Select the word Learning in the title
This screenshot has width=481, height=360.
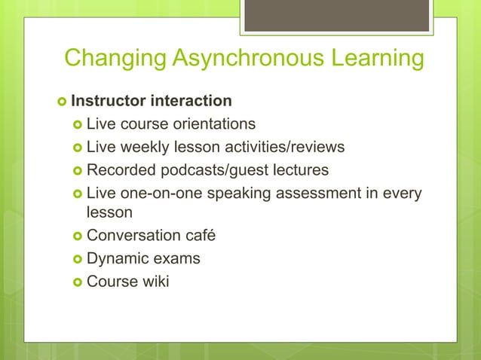[374, 58]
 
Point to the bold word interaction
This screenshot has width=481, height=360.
[191, 101]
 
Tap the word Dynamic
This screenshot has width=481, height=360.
[116, 258]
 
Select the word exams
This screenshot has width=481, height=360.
[176, 258]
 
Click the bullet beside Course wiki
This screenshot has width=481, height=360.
[77, 282]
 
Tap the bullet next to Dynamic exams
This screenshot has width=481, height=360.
[77, 259]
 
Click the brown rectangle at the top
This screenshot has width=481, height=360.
[337, 16]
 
